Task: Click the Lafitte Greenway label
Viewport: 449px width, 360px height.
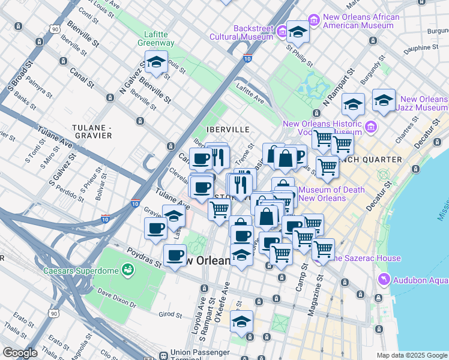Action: [158, 38]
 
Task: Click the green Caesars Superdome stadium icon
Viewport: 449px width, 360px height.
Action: [127, 268]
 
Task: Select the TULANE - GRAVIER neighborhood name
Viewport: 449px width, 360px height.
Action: [92, 131]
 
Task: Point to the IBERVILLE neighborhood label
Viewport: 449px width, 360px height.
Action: [228, 129]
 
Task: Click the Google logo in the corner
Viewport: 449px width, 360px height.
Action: [20, 353]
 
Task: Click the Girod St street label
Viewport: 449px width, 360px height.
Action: [170, 314]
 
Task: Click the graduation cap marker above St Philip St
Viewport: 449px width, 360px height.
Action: [297, 31]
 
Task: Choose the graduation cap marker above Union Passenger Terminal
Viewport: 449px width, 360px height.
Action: [241, 322]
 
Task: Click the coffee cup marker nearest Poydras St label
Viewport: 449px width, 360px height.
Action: [175, 256]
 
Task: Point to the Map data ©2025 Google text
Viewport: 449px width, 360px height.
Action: [411, 355]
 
